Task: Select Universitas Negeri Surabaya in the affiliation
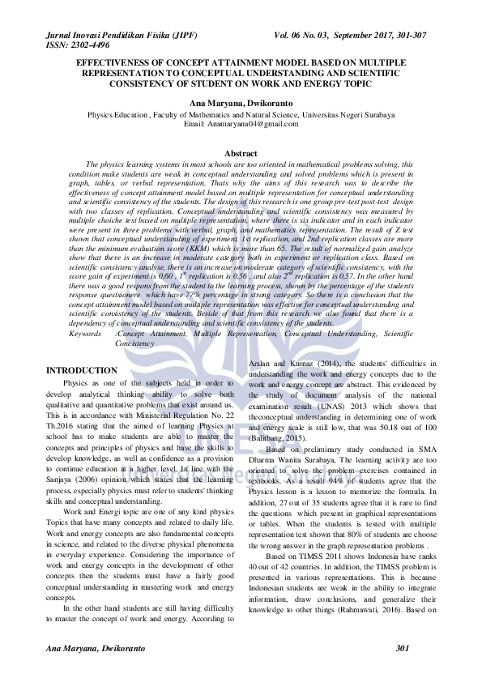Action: pos(351,115)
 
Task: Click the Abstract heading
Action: pos(241,153)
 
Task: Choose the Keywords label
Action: pos(85,333)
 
